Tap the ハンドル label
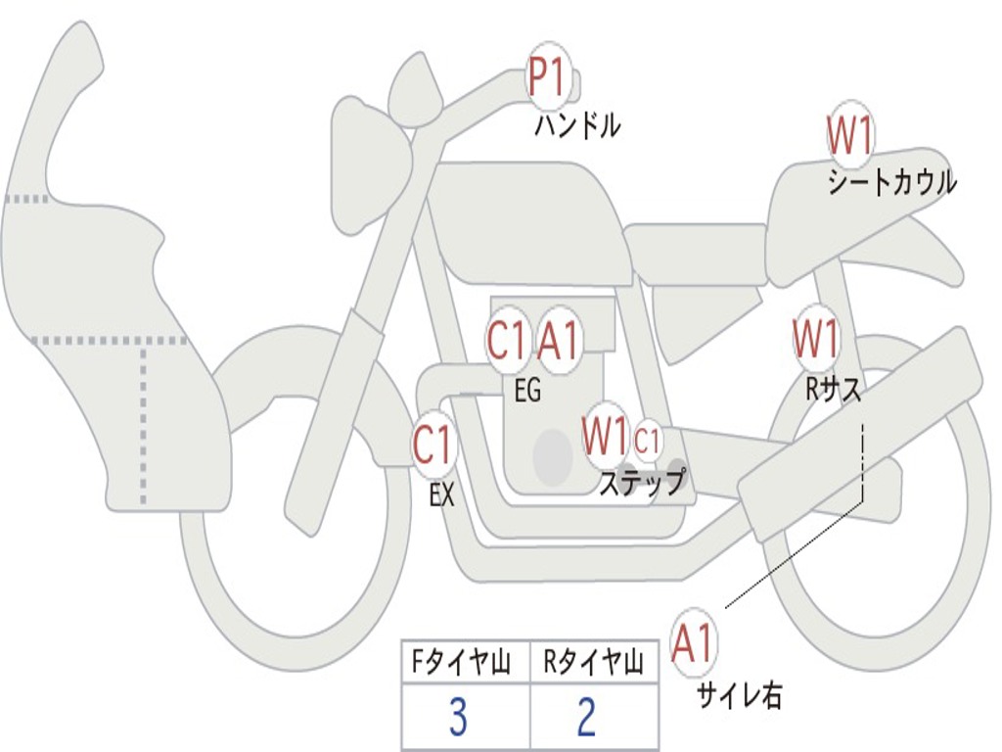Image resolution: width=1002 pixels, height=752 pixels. click(x=577, y=126)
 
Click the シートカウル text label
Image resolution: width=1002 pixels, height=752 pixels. click(x=891, y=183)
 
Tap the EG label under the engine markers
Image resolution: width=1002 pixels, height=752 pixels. click(x=526, y=392)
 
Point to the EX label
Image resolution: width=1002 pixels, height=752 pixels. click(x=442, y=495)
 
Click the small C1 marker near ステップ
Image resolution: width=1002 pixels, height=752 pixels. click(x=648, y=442)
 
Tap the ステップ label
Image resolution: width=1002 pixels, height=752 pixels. click(x=641, y=484)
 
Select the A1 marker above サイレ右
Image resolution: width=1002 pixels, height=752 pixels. click(x=694, y=645)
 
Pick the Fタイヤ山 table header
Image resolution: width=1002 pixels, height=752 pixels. click(x=465, y=664)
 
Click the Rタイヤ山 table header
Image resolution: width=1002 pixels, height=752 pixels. click(x=594, y=664)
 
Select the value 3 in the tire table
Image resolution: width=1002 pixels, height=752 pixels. click(x=458, y=719)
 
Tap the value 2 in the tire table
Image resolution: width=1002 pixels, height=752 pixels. click(x=587, y=719)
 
